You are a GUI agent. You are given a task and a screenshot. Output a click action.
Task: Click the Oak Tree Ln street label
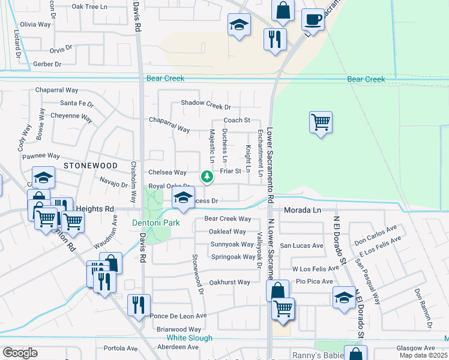(89, 7)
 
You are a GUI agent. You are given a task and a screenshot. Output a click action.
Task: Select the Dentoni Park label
(156, 223)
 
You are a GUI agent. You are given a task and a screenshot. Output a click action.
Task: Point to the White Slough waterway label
(189, 338)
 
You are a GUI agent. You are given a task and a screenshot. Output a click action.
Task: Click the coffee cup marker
(313, 20)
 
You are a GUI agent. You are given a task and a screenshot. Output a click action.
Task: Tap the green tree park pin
(206, 176)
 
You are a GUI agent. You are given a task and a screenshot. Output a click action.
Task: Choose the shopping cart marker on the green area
(321, 123)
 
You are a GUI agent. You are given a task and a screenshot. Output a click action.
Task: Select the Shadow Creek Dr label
(206, 107)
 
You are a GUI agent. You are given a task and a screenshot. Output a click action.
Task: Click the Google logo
(19, 353)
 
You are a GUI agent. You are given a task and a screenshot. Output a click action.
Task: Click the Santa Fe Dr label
(77, 103)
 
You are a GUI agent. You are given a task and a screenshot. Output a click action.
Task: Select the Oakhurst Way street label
(229, 282)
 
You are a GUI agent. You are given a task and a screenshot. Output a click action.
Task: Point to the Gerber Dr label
(47, 64)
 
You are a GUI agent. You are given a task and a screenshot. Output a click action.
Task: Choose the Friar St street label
(230, 171)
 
